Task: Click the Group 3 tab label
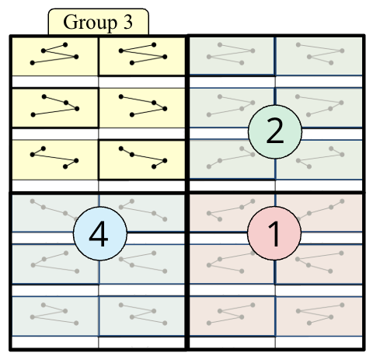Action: [x=97, y=23]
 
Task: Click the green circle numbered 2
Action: [x=274, y=134]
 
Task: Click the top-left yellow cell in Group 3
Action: [x=54, y=55]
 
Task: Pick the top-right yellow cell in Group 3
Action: [x=142, y=55]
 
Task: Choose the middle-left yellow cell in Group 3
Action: [x=54, y=105]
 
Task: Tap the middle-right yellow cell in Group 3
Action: [x=142, y=105]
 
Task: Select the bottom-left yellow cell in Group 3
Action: [x=54, y=156]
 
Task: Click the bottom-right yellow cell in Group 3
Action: [x=142, y=156]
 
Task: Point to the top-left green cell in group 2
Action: [x=232, y=55]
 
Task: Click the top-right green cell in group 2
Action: [x=319, y=55]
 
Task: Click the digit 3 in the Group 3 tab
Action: [x=127, y=23]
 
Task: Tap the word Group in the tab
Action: [x=88, y=23]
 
